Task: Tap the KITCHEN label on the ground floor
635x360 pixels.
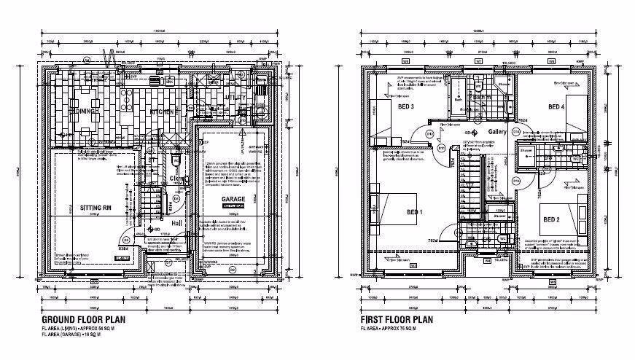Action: (x=163, y=111)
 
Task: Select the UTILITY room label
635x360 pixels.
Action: (x=235, y=96)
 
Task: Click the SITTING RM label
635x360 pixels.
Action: (x=95, y=207)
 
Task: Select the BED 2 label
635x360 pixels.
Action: (x=550, y=219)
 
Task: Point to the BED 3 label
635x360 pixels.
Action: (x=407, y=107)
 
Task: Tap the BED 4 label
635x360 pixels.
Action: (x=558, y=107)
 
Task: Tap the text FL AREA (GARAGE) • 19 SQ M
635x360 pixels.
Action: (x=75, y=335)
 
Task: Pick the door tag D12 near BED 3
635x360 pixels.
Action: (x=429, y=134)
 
